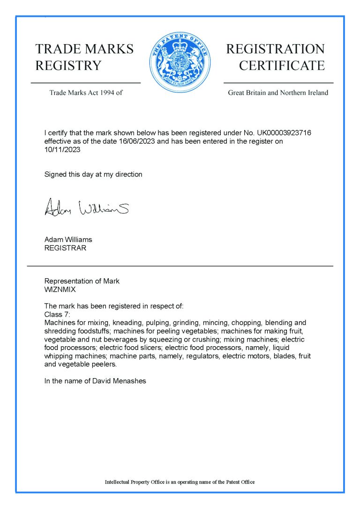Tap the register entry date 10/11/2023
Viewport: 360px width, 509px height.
click(x=62, y=150)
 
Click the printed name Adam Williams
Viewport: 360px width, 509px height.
click(x=68, y=240)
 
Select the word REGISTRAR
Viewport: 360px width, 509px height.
click(x=65, y=248)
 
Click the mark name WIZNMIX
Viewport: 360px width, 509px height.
click(x=60, y=289)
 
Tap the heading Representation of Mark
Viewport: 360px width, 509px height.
click(x=82, y=281)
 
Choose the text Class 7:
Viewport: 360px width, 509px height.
click(x=57, y=314)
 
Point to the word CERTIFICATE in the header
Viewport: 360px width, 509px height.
click(x=282, y=66)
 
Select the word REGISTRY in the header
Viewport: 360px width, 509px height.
click(x=68, y=66)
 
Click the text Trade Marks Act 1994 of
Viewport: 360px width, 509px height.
click(x=86, y=93)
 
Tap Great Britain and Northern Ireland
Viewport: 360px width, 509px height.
click(x=278, y=93)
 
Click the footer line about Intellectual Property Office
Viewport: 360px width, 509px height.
click(x=180, y=482)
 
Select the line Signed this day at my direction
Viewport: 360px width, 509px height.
click(x=93, y=175)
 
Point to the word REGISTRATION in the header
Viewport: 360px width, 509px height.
click(x=275, y=49)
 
